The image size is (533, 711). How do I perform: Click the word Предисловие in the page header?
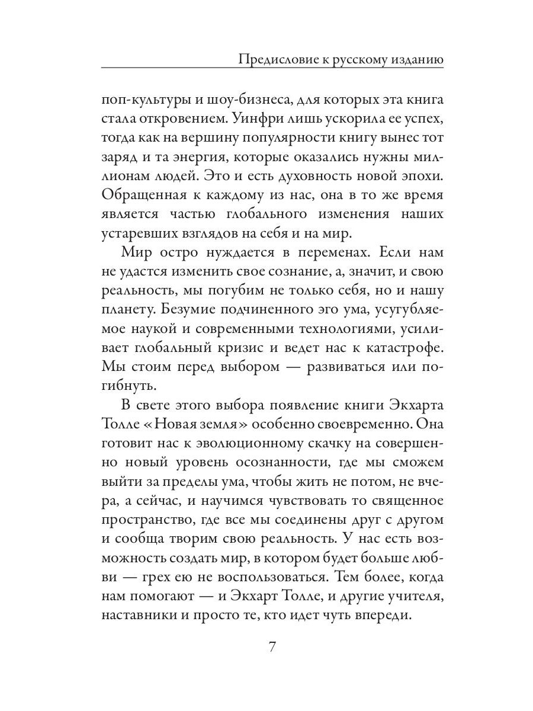(x=273, y=59)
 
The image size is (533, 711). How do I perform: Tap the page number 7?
(x=272, y=645)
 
